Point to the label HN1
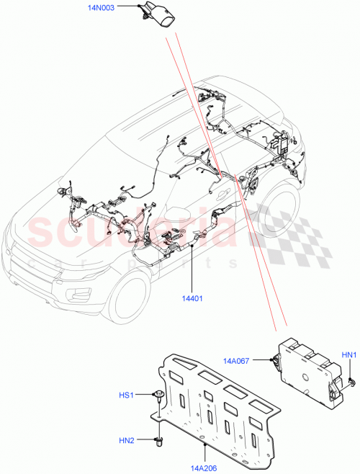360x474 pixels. pyautogui.click(x=349, y=354)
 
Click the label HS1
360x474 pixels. pyautogui.click(x=127, y=395)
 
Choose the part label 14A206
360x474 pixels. pyautogui.click(x=206, y=468)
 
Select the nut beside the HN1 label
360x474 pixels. pyautogui.click(x=348, y=380)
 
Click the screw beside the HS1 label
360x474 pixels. pyautogui.click(x=158, y=395)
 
